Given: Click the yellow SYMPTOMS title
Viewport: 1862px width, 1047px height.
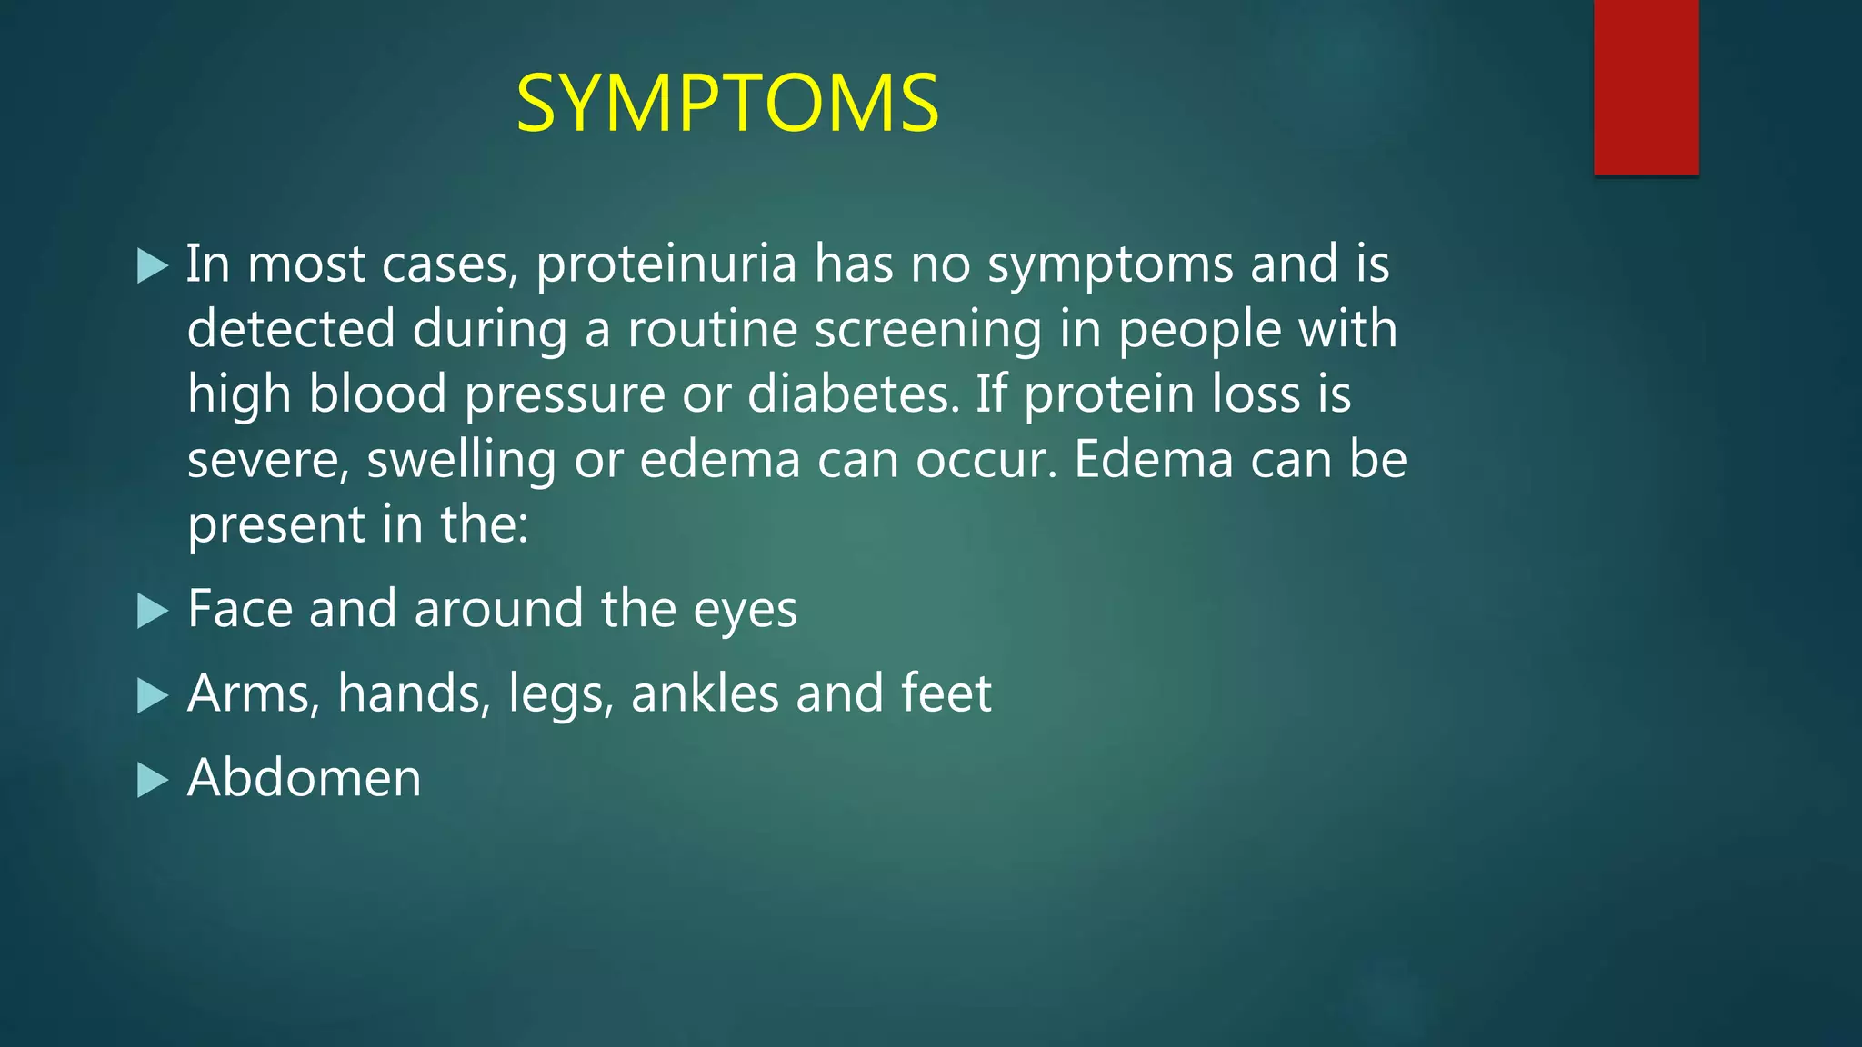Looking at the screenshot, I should (x=727, y=104).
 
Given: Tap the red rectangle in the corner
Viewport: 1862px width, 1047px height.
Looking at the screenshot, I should (x=1646, y=86).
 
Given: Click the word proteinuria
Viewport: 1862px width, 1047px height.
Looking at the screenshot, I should (x=666, y=264).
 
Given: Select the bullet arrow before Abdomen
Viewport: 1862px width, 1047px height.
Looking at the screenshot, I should (x=153, y=780).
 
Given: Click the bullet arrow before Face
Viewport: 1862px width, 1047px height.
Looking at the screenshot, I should (x=153, y=611).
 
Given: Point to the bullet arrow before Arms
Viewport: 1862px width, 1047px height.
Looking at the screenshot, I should (x=153, y=696).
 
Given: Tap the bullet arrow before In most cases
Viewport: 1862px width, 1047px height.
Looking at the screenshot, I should (x=153, y=266).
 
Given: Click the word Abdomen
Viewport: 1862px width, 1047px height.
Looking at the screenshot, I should (x=305, y=778).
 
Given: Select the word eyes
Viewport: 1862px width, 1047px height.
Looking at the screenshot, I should (x=745, y=611).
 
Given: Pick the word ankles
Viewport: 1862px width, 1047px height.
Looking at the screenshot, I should (x=705, y=694).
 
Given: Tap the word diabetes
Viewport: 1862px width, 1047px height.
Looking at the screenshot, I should (x=853, y=394).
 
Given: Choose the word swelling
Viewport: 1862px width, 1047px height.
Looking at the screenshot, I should (x=461, y=461).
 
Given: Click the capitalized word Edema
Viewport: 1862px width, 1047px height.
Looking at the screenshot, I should (x=1154, y=459).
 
